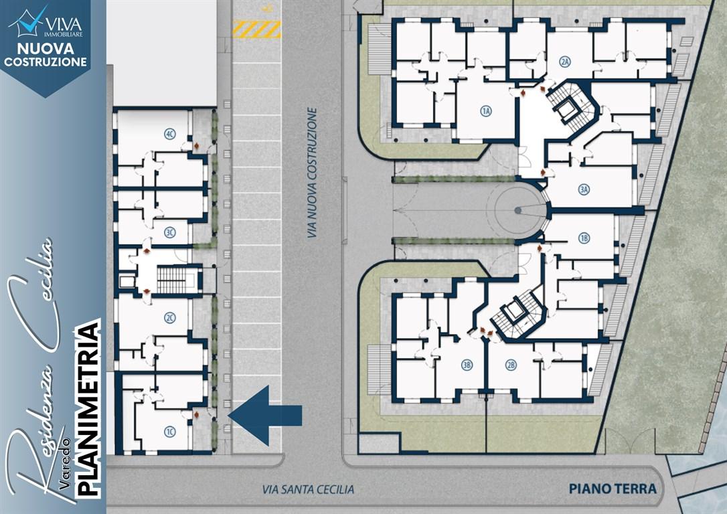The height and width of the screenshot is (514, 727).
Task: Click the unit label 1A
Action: click(485, 111)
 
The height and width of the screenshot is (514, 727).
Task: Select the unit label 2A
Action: click(564, 62)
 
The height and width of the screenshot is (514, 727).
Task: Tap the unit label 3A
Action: click(584, 189)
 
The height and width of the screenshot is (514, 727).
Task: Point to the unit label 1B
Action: click(584, 238)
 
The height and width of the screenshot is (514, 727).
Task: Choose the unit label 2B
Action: click(511, 365)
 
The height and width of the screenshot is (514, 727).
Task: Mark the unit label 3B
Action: click(467, 365)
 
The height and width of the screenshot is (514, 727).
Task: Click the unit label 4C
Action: click(169, 135)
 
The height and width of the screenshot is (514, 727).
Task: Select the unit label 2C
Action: click(169, 318)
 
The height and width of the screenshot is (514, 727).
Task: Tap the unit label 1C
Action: click(169, 432)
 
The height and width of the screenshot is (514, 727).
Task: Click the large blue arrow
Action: click(265, 415)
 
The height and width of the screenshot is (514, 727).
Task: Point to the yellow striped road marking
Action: click(257, 29)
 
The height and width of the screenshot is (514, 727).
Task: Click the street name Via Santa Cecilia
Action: click(309, 489)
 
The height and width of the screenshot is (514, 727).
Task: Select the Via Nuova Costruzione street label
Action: click(313, 173)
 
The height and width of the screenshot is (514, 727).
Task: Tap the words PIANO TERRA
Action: click(613, 489)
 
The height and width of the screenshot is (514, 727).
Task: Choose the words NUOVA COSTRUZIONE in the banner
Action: click(46, 55)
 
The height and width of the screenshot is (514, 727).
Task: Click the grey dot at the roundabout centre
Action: click(518, 210)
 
